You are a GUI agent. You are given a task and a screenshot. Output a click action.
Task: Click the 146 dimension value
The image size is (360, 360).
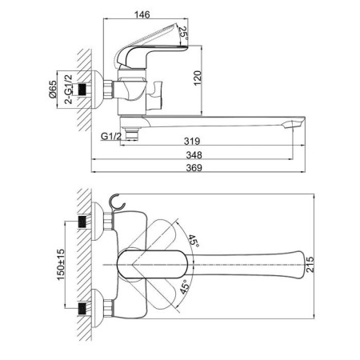click(142, 14)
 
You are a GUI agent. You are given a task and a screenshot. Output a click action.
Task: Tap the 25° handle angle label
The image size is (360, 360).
click(183, 33)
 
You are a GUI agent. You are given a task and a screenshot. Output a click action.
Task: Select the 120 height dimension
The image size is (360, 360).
click(198, 78)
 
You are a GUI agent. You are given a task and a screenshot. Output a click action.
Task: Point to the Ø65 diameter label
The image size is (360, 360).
click(53, 90)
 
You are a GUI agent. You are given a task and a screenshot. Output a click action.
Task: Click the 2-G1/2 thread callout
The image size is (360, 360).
click(69, 89)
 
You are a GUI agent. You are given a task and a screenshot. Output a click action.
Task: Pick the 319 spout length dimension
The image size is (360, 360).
click(192, 141)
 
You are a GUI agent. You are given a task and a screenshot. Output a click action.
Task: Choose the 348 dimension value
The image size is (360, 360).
click(194, 154)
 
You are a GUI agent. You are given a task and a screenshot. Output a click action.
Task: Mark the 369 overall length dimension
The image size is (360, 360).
click(194, 168)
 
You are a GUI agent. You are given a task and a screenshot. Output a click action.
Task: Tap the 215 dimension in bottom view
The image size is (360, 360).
click(310, 264)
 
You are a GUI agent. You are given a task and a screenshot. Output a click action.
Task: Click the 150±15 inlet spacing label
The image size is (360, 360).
click(61, 265)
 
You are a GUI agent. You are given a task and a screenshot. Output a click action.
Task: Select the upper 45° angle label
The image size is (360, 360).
click(194, 241)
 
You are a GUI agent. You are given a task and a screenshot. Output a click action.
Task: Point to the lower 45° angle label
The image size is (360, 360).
click(185, 286)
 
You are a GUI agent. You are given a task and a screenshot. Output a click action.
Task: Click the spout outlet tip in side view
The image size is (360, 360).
click(294, 124)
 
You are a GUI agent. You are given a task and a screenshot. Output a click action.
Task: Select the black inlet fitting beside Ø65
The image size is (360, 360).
click(82, 90)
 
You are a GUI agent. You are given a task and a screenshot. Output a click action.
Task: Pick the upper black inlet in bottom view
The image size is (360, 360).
click(82, 222)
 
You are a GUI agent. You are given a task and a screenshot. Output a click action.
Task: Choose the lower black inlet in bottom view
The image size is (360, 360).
click(82, 309)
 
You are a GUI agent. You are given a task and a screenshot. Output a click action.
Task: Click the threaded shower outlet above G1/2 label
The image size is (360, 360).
click(132, 133)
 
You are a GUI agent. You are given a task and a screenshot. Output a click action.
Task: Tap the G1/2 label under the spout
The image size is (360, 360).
click(111, 137)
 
